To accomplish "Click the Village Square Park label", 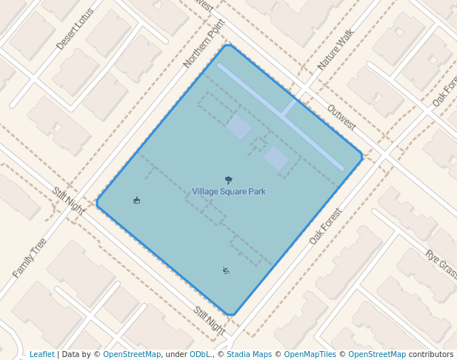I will pyautogui.click(x=228, y=192).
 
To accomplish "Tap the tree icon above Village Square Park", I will pyautogui.click(x=228, y=180).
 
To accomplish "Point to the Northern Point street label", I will pyautogui.click(x=204, y=44).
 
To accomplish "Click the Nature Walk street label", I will pyautogui.click(x=336, y=50).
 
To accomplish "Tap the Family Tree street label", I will pyautogui.click(x=30, y=258).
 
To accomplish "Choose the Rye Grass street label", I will pyautogui.click(x=441, y=264).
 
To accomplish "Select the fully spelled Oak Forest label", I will pyautogui.click(x=326, y=227).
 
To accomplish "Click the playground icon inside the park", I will pyautogui.click(x=225, y=270).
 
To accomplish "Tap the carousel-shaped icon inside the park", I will pyautogui.click(x=136, y=200).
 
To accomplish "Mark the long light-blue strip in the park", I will pyautogui.click(x=280, y=116).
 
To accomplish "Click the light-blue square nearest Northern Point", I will pyautogui.click(x=238, y=127).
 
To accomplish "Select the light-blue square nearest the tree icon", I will pyautogui.click(x=276, y=158).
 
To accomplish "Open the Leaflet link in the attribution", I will pyautogui.click(x=42, y=355).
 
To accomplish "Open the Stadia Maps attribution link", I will pyautogui.click(x=249, y=355).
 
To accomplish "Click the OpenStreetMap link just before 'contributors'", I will pyautogui.click(x=377, y=355).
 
